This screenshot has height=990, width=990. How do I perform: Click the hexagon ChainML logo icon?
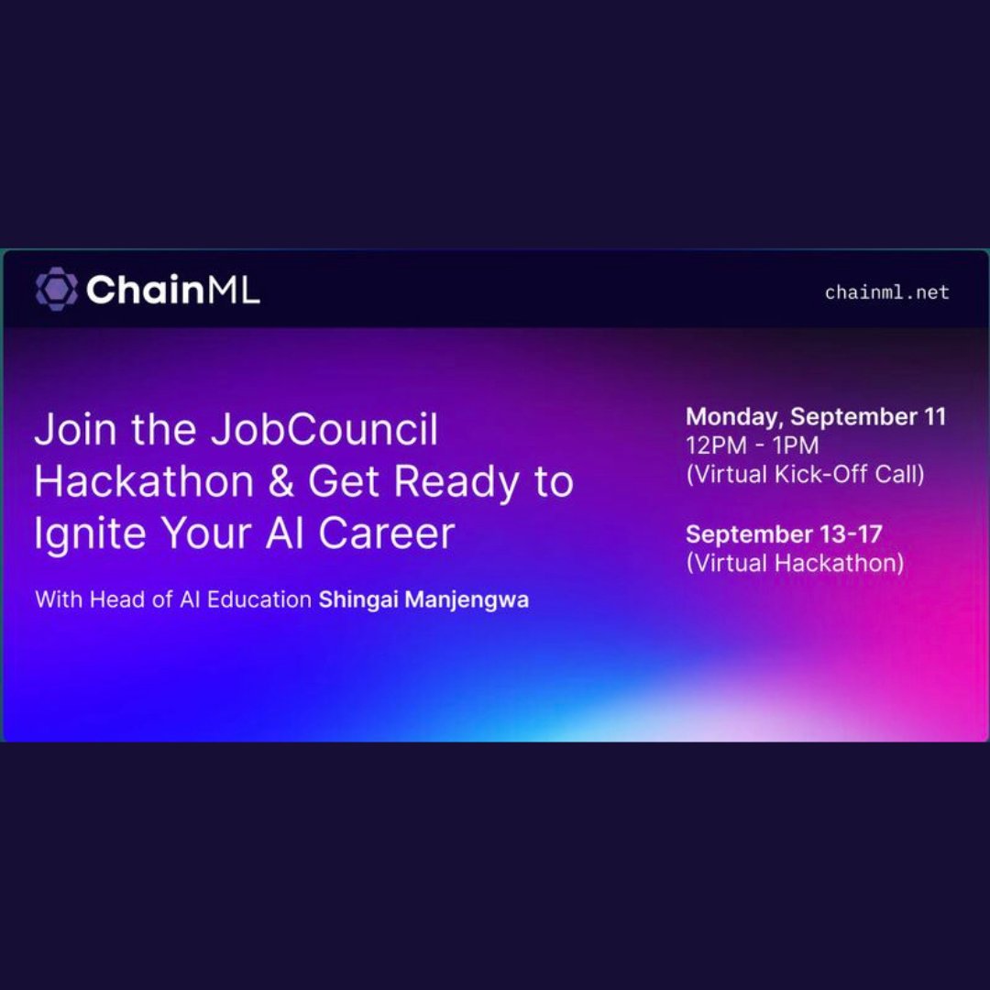(x=56, y=290)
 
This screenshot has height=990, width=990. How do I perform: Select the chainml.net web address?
(x=886, y=292)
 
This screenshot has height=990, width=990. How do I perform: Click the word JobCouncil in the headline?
(x=324, y=431)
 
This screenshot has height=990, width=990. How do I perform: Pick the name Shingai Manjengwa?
(x=423, y=601)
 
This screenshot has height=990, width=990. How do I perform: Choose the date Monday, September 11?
(x=816, y=417)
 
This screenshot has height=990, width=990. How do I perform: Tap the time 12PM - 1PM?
(x=753, y=445)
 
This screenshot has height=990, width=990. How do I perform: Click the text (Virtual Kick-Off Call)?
(x=805, y=475)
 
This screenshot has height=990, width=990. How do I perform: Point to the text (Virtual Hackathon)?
(x=795, y=563)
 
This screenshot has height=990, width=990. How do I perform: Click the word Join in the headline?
(x=71, y=431)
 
